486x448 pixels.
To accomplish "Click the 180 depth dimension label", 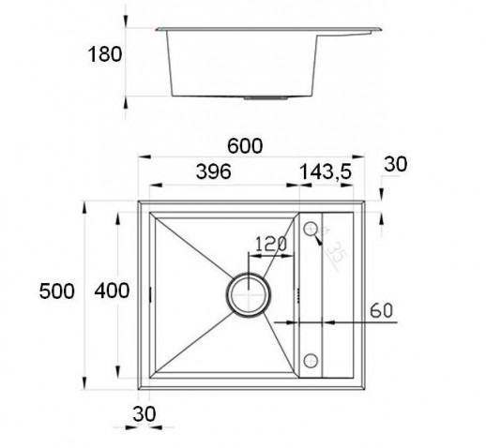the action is click(105, 54).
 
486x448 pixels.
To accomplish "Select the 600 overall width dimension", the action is click(245, 146).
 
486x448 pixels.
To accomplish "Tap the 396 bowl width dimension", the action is click(214, 172).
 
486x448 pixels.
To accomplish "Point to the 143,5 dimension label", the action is click(326, 172).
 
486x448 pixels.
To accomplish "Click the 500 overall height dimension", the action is click(56, 291).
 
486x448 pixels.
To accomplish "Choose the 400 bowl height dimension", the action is click(112, 291).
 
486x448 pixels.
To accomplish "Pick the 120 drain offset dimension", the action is click(271, 244).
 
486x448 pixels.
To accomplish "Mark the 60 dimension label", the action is click(381, 311).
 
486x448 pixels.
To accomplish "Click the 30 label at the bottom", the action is click(144, 414).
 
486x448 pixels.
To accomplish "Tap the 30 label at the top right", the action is click(396, 164).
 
